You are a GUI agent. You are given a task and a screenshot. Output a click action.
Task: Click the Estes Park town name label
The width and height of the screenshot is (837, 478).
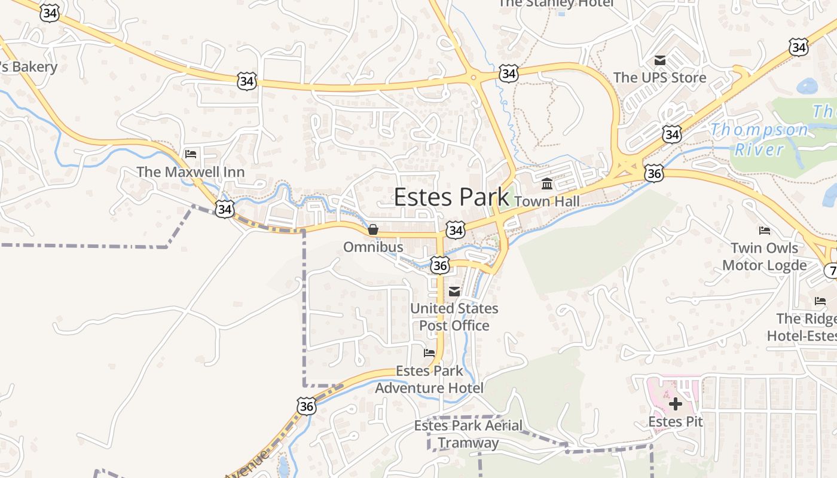(451, 197)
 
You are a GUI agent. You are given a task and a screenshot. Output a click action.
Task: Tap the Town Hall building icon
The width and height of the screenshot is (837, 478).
(547, 183)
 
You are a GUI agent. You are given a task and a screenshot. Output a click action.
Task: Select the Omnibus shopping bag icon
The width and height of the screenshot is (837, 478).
(373, 229)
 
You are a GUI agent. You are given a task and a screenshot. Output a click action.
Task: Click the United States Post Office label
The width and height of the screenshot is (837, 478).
(454, 317)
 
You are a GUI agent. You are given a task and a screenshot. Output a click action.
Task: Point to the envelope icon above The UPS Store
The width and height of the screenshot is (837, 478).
(660, 60)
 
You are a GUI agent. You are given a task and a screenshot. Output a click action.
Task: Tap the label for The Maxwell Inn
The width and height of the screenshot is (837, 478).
(190, 172)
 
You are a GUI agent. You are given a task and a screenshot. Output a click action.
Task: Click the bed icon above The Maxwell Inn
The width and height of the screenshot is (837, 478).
(191, 154)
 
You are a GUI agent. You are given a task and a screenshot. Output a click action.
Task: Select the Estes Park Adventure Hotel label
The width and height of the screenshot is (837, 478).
(429, 379)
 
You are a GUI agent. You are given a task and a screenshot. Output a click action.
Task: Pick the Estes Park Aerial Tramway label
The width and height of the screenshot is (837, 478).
(468, 434)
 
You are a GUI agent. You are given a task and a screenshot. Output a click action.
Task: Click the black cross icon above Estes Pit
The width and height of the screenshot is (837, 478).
(676, 405)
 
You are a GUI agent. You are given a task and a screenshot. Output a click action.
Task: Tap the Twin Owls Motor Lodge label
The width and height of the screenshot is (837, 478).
(764, 256)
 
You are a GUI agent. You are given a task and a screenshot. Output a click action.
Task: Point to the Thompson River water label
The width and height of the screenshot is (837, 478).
(759, 139)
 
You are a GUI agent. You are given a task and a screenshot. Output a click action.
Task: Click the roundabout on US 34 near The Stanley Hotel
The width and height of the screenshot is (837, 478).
(473, 76)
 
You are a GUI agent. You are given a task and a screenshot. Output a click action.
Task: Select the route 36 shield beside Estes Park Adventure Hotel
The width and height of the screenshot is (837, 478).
(306, 406)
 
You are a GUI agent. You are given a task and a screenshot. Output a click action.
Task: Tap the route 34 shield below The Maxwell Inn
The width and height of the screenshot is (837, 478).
(225, 209)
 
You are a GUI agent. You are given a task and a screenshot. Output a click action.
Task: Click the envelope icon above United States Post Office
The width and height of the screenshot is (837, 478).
(454, 292)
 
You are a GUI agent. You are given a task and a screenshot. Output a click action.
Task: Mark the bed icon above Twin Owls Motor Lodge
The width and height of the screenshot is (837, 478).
(764, 231)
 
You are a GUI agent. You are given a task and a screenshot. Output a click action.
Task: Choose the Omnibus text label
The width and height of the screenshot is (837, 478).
(373, 247)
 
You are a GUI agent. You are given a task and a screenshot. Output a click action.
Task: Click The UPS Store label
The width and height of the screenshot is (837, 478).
(659, 78)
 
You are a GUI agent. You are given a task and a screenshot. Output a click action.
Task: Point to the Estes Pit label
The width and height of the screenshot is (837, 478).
(676, 422)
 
